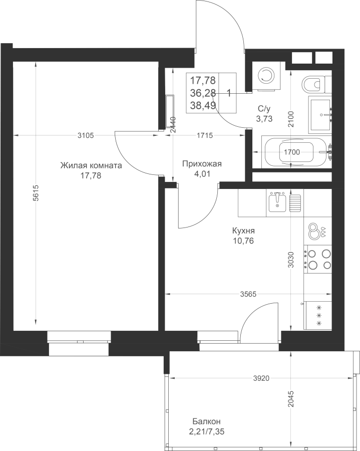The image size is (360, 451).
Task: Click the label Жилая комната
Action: pos(91,166)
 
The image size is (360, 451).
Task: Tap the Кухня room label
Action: pos(243,231)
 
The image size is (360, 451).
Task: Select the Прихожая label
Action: pos(202,164)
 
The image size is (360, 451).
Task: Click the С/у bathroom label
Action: pos(264,109)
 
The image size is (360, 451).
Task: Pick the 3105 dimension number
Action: pos(86,135)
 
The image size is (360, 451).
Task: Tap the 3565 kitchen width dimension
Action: pos(248,294)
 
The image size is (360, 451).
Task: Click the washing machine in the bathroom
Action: pos(265,77)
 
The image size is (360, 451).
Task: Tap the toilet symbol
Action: pos(315,84)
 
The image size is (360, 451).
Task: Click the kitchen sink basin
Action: pos(277,202)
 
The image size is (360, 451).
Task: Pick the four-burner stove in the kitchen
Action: pos(318,259)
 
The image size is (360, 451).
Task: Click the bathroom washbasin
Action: pos(320,115)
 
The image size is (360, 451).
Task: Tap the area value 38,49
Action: pos(203,106)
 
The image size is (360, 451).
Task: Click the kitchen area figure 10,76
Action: pos(243,241)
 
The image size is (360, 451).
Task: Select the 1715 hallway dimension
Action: pos(205,135)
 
